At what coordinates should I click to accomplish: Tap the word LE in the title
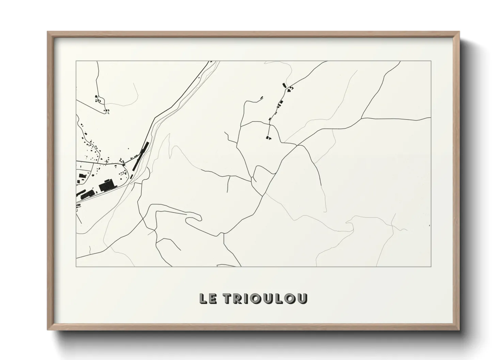(207, 298)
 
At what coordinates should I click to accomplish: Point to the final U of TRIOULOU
(302, 298)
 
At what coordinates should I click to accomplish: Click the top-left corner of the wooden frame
(48, 32)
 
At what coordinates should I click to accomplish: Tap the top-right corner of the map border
(431, 61)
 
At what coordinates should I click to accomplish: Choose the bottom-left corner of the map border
(76, 266)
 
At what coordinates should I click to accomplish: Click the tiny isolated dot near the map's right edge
(430, 225)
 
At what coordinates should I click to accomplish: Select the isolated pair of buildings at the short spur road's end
(268, 137)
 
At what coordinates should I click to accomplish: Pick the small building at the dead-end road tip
(262, 98)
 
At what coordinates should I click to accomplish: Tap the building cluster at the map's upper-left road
(99, 99)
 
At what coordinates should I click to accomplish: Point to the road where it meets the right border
(430, 118)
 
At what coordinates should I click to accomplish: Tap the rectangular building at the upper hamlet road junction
(283, 85)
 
